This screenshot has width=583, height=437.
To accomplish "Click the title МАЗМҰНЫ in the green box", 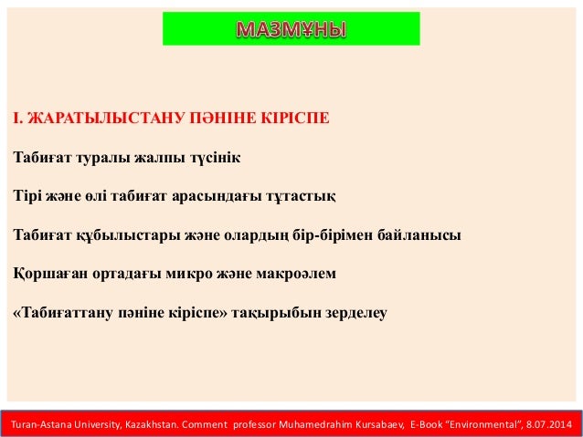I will [291, 29].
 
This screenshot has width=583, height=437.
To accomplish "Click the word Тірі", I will [28, 195].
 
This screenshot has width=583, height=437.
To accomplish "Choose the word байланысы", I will [426, 234].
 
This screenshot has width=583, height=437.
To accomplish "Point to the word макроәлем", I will [298, 273].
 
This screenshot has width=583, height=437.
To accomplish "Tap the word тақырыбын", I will [270, 312].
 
